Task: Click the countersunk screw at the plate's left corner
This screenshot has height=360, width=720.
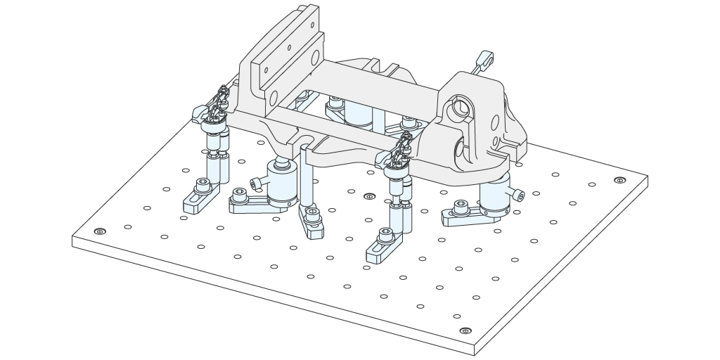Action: coord(100,231)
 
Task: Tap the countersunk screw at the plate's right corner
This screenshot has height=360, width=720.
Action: coord(619,180)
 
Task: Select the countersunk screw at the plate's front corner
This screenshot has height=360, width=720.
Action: coord(464,330)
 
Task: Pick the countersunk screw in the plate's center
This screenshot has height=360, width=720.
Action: coord(370,197)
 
